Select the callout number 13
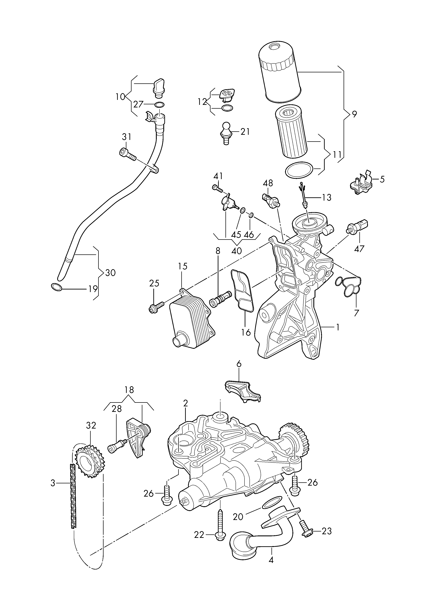pos(327,197)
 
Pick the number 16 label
pos(246,332)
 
